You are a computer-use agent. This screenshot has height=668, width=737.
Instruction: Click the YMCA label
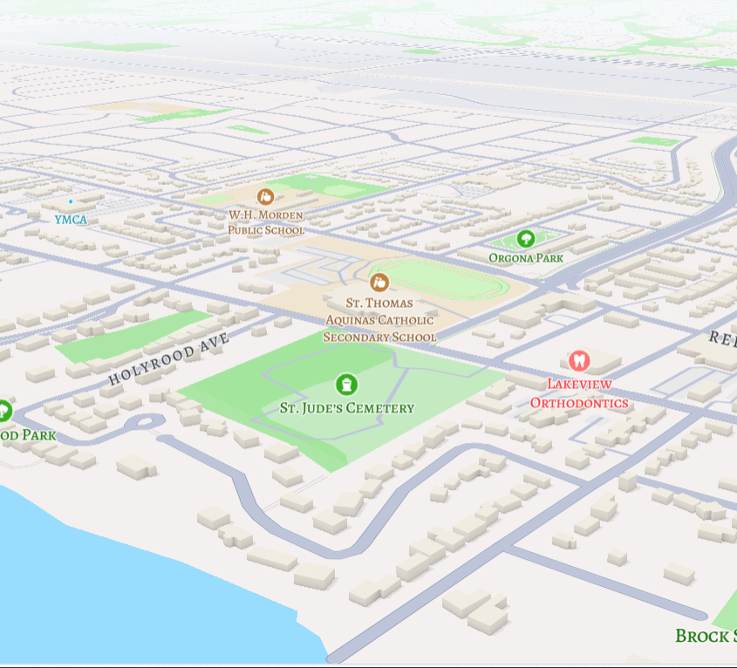(71, 220)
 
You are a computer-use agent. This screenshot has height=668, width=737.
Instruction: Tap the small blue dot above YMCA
(71, 201)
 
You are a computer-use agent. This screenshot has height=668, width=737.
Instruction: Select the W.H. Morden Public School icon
(266, 197)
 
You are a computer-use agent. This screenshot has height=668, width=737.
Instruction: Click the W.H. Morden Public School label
(266, 222)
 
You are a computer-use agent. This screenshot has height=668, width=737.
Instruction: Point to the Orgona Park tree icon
(525, 238)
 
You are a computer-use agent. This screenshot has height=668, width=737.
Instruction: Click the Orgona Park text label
(525, 258)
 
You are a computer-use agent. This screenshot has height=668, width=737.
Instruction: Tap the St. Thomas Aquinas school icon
(379, 282)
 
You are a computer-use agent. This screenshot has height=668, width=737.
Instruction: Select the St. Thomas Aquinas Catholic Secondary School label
(379, 319)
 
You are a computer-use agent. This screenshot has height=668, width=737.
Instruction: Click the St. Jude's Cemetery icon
(346, 385)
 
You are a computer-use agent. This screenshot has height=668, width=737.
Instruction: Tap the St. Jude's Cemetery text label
(346, 408)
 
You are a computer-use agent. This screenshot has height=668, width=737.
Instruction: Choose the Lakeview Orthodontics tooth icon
(578, 361)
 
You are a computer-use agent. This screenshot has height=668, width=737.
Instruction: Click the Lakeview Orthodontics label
(579, 393)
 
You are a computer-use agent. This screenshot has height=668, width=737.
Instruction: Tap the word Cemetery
(380, 408)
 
